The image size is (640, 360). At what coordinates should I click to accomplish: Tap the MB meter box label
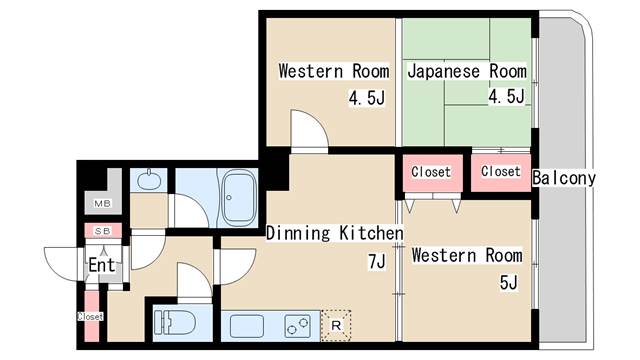[102, 204]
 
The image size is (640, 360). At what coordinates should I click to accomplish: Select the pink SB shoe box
[102, 231]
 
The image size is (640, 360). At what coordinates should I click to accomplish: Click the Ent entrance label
[102, 266]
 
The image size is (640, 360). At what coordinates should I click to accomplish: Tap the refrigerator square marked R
[336, 324]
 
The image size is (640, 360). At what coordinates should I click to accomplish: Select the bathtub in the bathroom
[239, 196]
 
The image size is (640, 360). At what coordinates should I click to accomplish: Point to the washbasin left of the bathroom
[149, 180]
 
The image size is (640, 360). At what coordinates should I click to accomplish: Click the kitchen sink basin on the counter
[247, 325]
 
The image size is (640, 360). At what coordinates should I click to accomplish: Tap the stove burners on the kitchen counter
[298, 325]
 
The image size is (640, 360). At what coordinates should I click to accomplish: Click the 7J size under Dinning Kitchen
[376, 262]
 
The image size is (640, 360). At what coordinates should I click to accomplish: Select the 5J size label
[508, 283]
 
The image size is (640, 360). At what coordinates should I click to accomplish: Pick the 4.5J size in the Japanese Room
[507, 97]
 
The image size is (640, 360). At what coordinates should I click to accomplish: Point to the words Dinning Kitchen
[334, 234]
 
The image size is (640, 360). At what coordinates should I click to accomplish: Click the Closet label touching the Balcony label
[500, 171]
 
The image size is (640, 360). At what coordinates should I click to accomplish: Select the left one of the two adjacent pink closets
[431, 172]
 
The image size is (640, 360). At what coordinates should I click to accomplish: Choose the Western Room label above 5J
[466, 255]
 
